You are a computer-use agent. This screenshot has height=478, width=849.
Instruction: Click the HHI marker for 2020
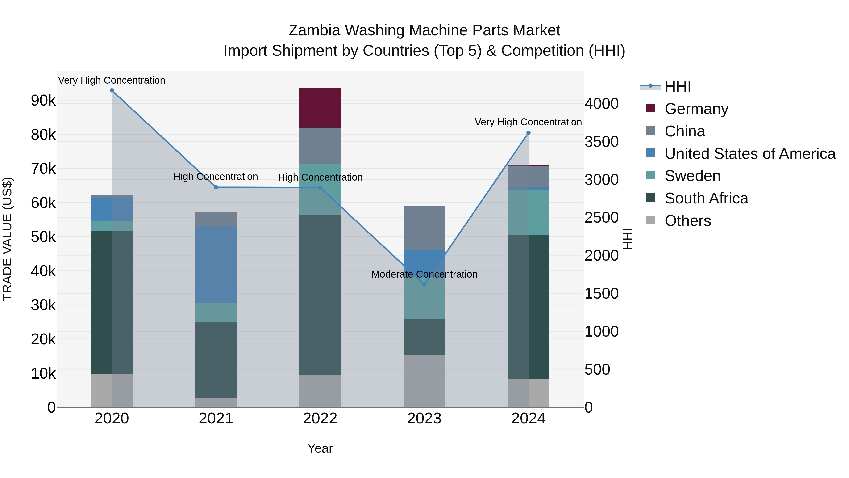(x=112, y=90)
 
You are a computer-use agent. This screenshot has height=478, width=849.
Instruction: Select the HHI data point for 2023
(x=424, y=284)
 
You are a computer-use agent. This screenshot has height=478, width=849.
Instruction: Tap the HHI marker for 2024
(x=528, y=133)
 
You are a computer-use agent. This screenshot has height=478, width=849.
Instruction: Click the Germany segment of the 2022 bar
(x=320, y=108)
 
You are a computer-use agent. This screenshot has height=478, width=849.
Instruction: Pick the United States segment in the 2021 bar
(x=216, y=265)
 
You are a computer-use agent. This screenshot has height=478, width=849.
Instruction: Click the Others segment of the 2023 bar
(x=424, y=381)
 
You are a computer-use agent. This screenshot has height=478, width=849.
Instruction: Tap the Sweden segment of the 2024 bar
(x=528, y=212)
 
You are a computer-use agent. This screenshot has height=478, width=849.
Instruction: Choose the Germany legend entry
(x=696, y=109)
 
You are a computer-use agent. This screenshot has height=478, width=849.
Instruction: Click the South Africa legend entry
(x=706, y=198)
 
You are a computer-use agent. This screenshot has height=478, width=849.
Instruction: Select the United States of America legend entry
(x=750, y=154)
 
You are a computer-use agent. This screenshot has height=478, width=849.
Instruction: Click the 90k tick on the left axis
(x=43, y=101)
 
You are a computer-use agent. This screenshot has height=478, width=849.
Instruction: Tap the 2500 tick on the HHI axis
(x=601, y=218)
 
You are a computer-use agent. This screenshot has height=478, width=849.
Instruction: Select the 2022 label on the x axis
(x=320, y=419)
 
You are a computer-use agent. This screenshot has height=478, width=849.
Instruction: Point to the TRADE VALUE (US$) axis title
(x=7, y=239)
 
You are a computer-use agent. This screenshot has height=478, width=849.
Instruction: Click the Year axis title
(x=320, y=448)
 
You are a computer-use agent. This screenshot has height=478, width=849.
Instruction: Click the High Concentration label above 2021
(x=216, y=177)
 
